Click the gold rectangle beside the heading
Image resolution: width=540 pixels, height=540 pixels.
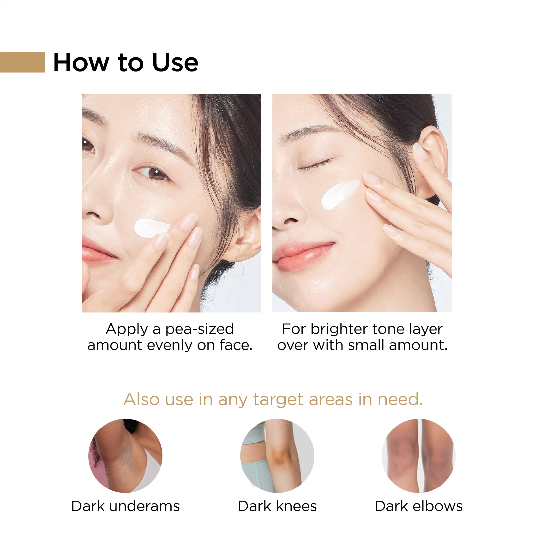click(22, 62)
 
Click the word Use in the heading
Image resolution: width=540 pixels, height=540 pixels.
click(175, 62)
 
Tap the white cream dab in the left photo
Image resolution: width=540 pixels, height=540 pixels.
click(152, 228)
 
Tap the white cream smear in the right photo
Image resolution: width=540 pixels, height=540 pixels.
click(340, 194)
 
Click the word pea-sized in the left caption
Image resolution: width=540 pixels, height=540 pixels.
click(200, 330)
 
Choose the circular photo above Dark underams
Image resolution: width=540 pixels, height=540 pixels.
click(125, 456)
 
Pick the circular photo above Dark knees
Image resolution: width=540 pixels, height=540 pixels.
click(277, 456)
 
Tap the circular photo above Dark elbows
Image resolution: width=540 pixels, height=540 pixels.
click(419, 456)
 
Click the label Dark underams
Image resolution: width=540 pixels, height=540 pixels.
click(126, 506)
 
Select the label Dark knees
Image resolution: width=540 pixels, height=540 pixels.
click(277, 506)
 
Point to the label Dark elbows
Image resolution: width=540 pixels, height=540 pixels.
click(419, 506)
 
